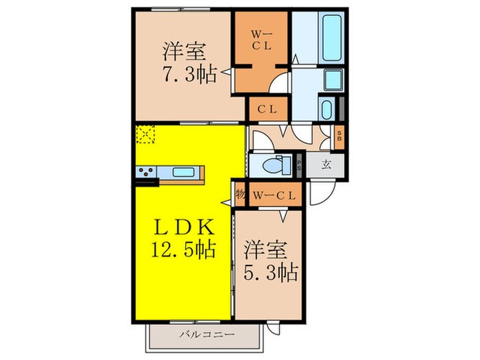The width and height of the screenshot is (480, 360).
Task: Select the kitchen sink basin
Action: click(x=182, y=173)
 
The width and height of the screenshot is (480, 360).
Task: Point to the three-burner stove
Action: click(x=147, y=173)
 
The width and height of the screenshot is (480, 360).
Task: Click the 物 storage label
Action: click(x=240, y=195)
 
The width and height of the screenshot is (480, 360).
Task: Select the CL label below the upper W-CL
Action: click(x=267, y=108)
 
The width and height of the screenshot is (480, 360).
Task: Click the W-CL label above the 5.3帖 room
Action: click(x=275, y=195)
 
